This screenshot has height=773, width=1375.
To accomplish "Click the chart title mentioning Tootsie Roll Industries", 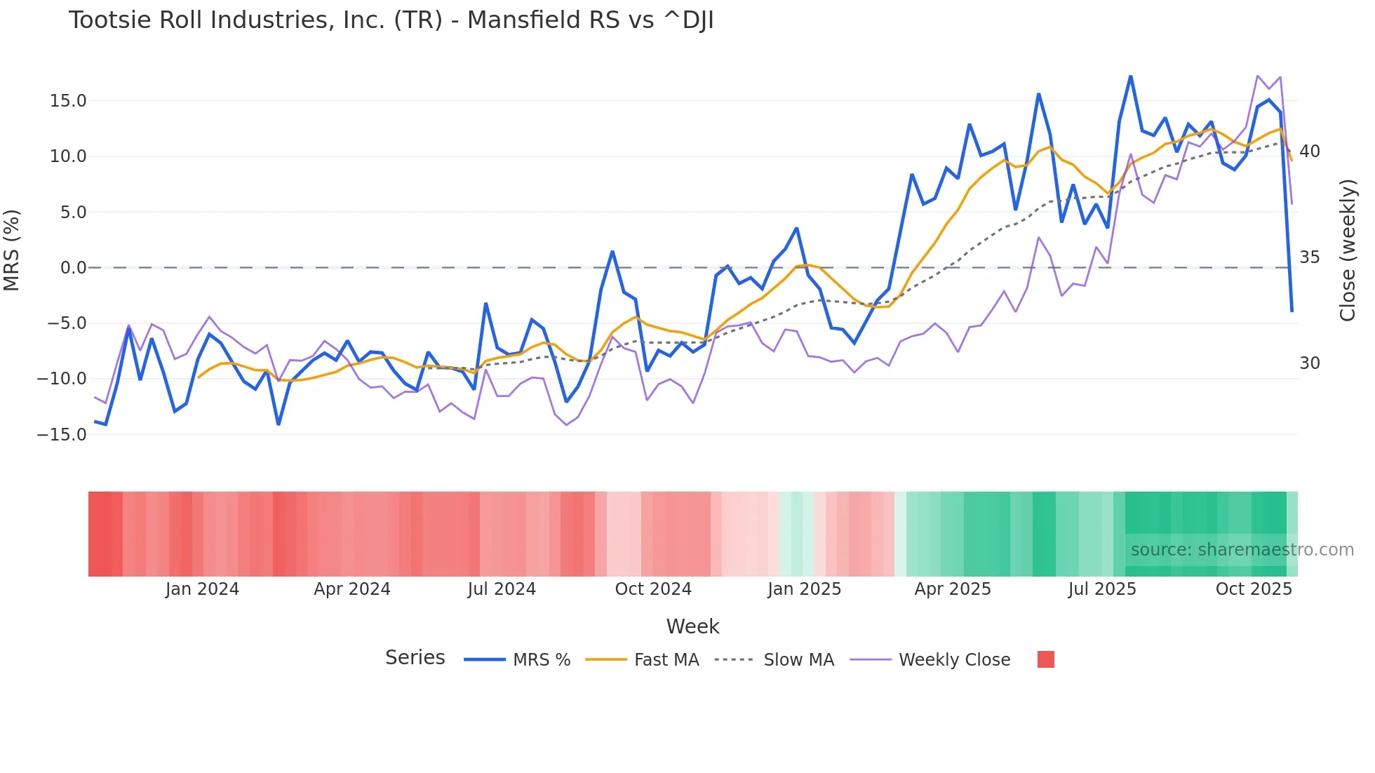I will pyautogui.click(x=391, y=20).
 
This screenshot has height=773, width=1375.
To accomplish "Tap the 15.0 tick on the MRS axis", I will pyautogui.click(x=68, y=101).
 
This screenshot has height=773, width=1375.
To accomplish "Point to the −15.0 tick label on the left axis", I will pyautogui.click(x=62, y=435).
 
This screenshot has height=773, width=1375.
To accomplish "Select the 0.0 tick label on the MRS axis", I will pyautogui.click(x=73, y=268).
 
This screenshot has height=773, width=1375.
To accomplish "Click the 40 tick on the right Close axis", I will pyautogui.click(x=1309, y=152).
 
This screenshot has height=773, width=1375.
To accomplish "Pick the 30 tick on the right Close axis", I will pyautogui.click(x=1309, y=363).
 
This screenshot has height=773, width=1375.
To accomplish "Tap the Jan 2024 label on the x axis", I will pyautogui.click(x=202, y=589).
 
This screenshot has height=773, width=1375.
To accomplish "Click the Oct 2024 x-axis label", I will pyautogui.click(x=653, y=589).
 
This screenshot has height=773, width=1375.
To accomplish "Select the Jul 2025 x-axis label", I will pyautogui.click(x=1102, y=589).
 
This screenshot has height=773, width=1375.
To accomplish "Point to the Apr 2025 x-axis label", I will pyautogui.click(x=953, y=589).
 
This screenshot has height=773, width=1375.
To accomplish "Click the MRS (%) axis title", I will pyautogui.click(x=12, y=250).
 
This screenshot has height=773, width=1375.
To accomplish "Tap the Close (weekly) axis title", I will pyautogui.click(x=1347, y=250).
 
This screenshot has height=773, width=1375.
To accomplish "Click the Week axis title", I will pyautogui.click(x=692, y=626).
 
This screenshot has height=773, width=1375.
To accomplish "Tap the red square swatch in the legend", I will pyautogui.click(x=1045, y=659).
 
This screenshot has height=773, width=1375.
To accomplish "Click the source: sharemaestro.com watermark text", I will pyautogui.click(x=1242, y=550).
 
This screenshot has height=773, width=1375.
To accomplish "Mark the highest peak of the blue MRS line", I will pyautogui.click(x=1131, y=76).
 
